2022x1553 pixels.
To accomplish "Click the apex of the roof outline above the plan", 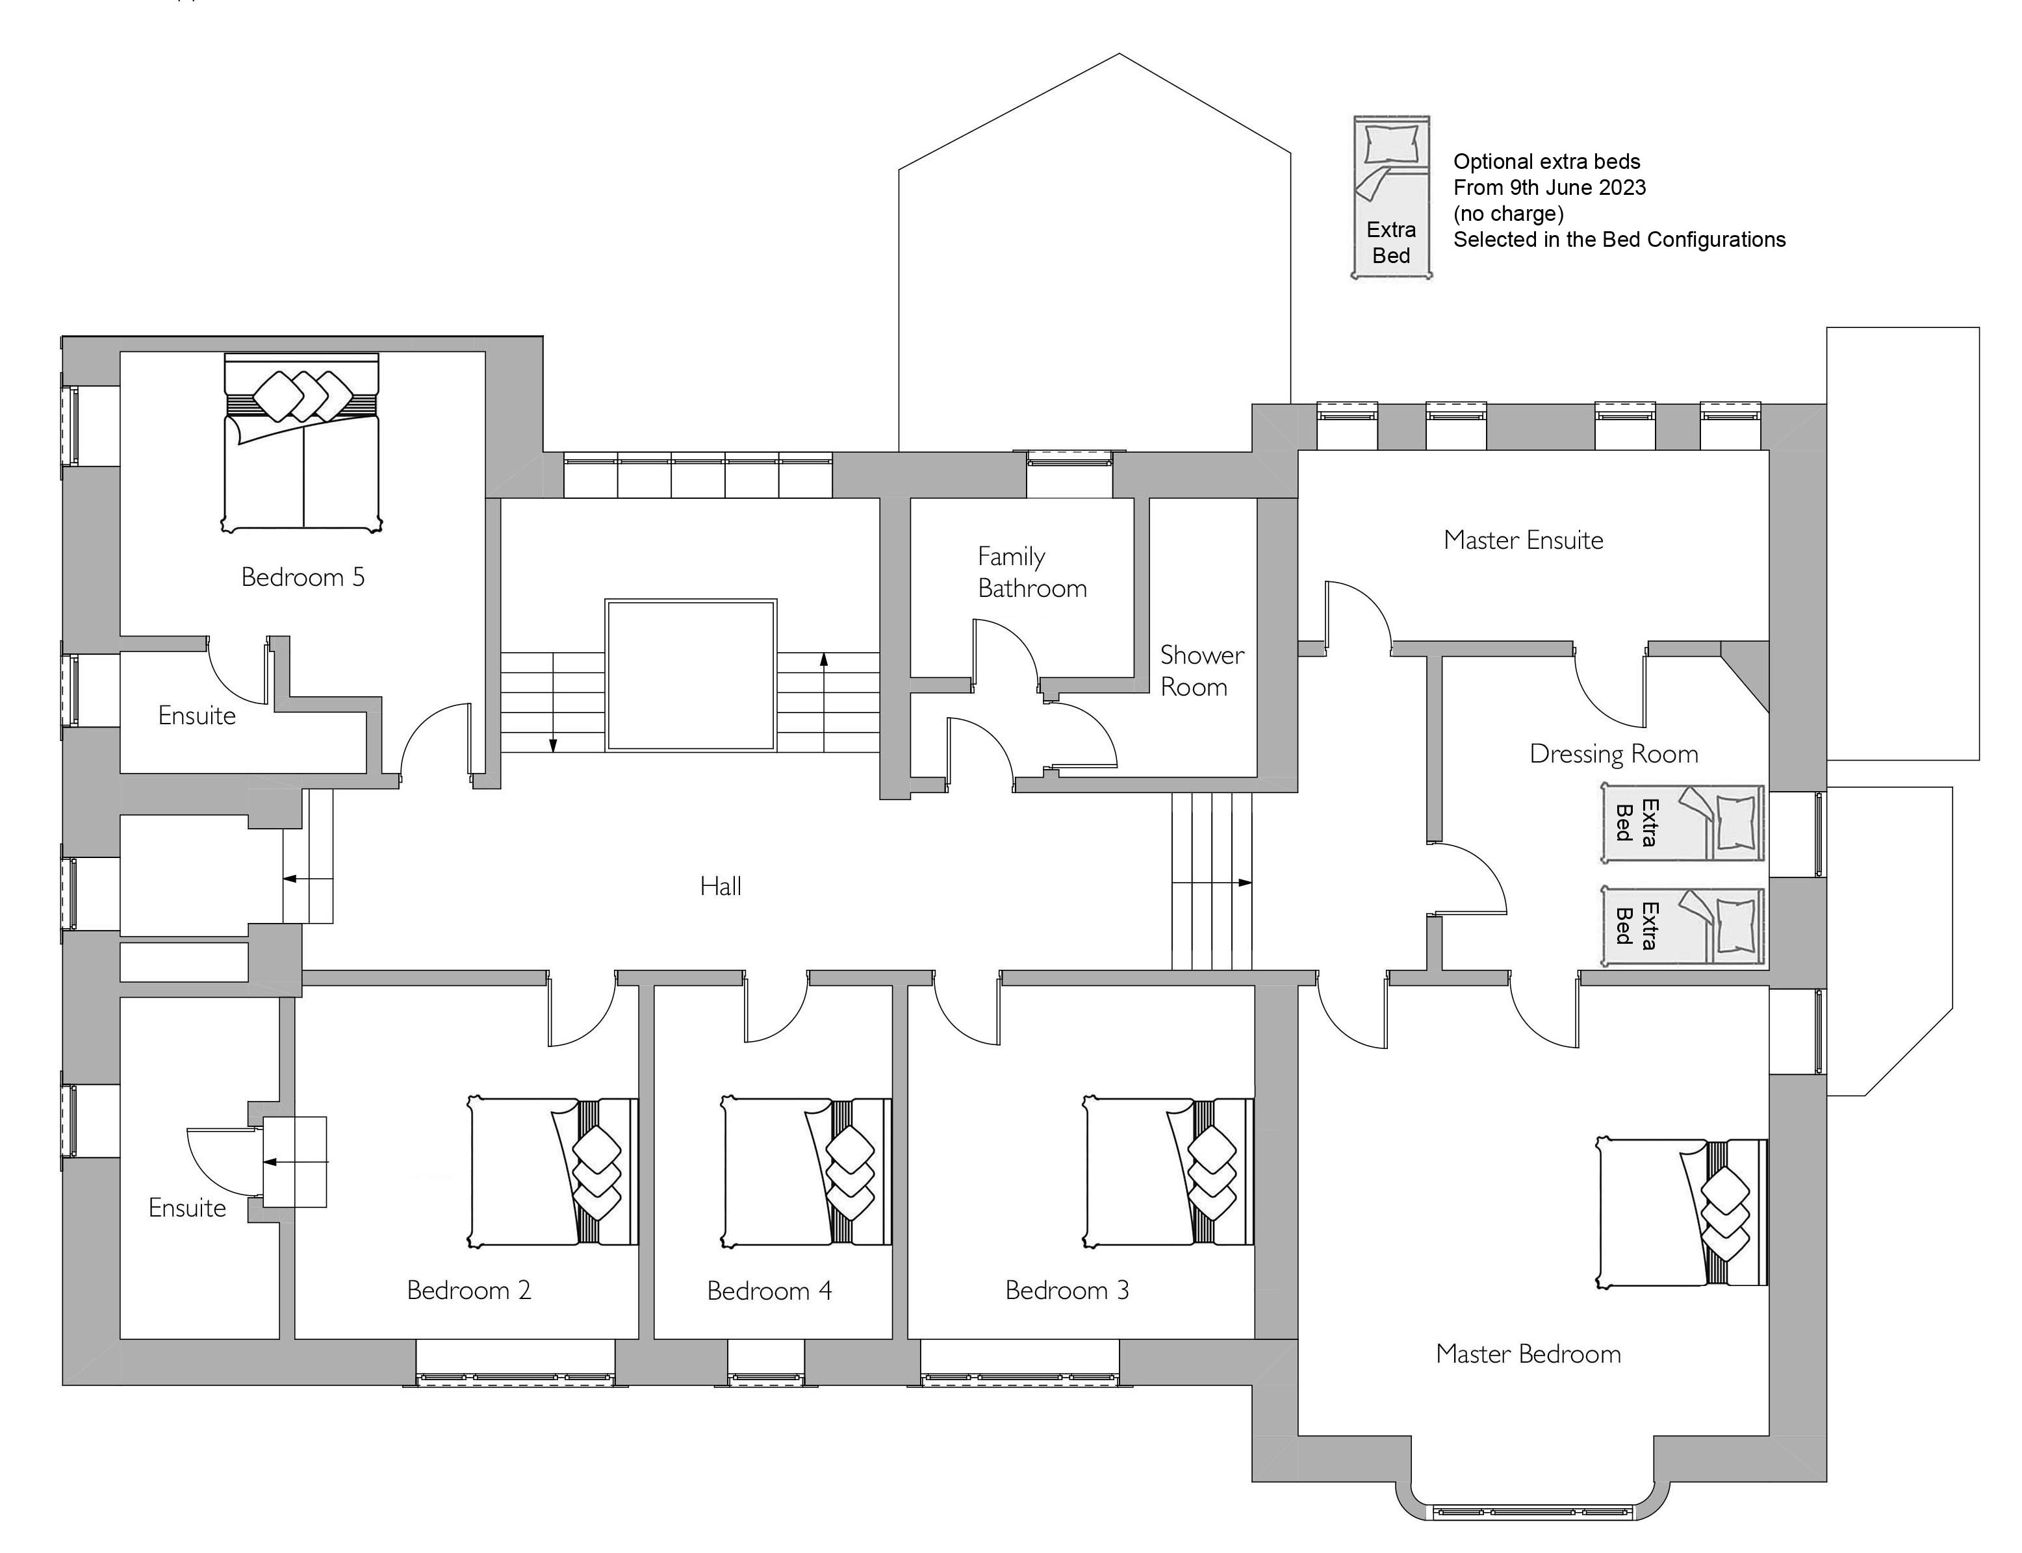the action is click(1120, 54).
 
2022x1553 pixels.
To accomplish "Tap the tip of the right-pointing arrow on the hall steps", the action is click(1252, 883).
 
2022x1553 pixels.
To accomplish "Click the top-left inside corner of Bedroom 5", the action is click(121, 352).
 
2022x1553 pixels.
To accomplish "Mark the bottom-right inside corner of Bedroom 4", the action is click(891, 1337).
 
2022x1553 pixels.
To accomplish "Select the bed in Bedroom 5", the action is click(301, 442).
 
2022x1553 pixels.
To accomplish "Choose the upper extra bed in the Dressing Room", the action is click(1683, 823).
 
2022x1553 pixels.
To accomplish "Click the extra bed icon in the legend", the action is click(1392, 197).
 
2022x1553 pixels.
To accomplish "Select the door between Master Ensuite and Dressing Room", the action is click(1609, 688).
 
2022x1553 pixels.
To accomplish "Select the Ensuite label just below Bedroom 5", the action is click(197, 716).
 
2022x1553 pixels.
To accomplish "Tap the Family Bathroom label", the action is click(1032, 572).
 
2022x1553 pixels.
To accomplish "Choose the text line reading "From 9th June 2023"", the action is click(1550, 188).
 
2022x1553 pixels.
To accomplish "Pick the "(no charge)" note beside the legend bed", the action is click(1508, 214).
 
